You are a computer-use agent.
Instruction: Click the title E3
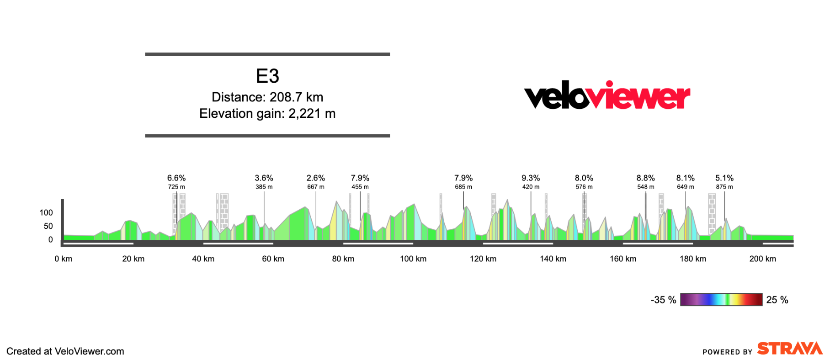tap(267, 76)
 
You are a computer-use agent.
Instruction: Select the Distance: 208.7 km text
tap(267, 97)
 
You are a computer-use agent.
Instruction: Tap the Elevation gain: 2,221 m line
tap(267, 113)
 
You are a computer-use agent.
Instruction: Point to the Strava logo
tap(789, 349)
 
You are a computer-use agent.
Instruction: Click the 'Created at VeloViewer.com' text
tap(65, 351)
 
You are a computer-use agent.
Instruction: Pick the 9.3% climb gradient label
tap(531, 178)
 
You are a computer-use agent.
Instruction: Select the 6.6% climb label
tap(176, 178)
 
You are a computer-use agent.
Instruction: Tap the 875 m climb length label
tap(724, 187)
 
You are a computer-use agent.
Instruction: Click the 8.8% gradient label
tap(645, 178)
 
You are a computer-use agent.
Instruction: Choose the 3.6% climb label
tap(264, 178)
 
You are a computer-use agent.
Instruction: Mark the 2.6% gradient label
tap(316, 178)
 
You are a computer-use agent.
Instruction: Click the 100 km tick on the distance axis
tap(413, 259)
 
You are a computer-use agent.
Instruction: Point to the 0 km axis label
tap(64, 259)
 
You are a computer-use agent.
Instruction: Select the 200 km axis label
tap(762, 259)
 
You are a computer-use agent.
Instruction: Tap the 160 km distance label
tap(623, 259)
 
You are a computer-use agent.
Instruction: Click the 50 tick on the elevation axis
tap(48, 226)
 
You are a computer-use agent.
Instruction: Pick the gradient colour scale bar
tap(721, 300)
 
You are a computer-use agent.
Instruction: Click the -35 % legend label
tap(663, 300)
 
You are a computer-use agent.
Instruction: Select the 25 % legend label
tap(777, 300)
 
